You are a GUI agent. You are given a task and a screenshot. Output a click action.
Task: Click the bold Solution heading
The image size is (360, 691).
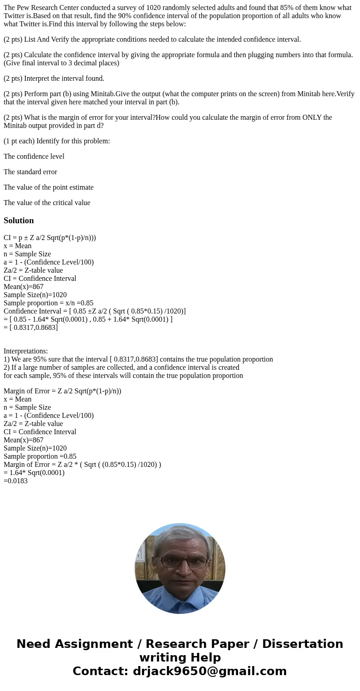19,221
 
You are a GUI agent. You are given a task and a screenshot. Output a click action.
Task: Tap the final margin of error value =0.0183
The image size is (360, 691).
15,481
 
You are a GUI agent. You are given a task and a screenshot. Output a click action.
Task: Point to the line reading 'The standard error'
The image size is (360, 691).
30,172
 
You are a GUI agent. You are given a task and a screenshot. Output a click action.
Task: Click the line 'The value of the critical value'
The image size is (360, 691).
47,203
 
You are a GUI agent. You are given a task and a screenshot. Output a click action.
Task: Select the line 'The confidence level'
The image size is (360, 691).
34,157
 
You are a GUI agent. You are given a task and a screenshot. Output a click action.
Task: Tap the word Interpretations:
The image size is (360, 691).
26,351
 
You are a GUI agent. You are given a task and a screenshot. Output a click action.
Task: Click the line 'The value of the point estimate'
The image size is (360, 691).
49,187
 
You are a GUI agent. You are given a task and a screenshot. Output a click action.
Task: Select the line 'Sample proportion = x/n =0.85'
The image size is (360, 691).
49,303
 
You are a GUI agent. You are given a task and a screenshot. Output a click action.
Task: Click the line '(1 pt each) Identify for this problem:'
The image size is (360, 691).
57,141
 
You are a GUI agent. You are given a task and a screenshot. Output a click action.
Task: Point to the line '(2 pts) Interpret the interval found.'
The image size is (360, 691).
54,78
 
